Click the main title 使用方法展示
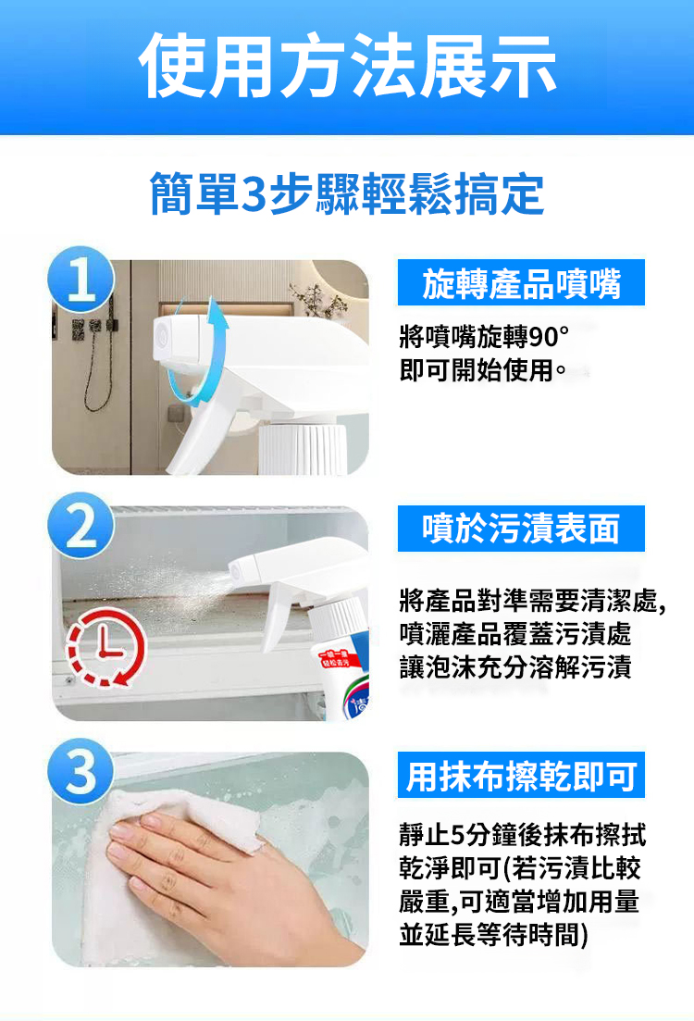[x=347, y=66]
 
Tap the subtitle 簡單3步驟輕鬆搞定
[x=347, y=194]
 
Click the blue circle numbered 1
[x=81, y=280]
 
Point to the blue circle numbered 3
[x=81, y=772]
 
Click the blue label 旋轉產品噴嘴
[x=521, y=282]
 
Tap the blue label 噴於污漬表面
[x=521, y=528]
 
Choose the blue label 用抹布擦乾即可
[x=521, y=775]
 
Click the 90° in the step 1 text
[x=549, y=337]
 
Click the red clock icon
[x=106, y=646]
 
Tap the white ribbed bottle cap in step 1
[x=303, y=448]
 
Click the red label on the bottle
[x=337, y=659]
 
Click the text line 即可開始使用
[x=482, y=370]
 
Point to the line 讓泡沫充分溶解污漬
[x=515, y=667]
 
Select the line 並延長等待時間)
[x=494, y=935]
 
